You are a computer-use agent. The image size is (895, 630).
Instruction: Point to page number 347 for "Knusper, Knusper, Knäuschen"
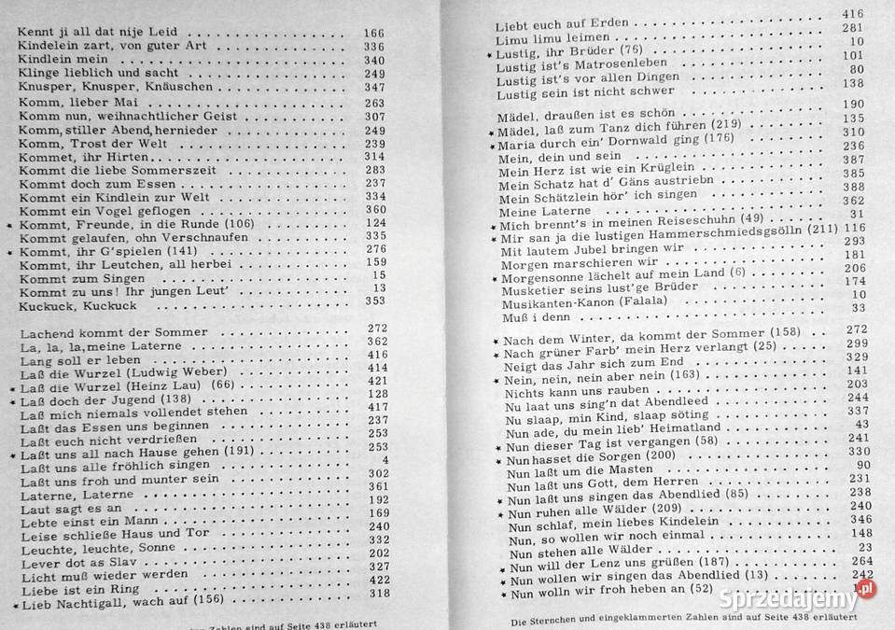click(x=374, y=88)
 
